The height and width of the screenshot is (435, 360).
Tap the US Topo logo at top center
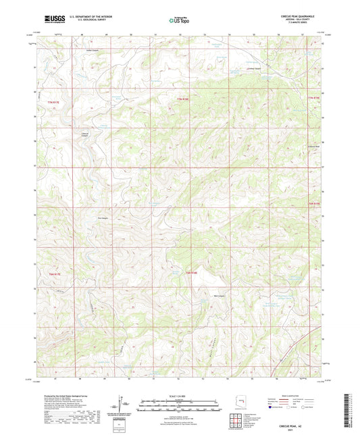(179, 20)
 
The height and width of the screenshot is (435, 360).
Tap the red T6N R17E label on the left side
(54, 274)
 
